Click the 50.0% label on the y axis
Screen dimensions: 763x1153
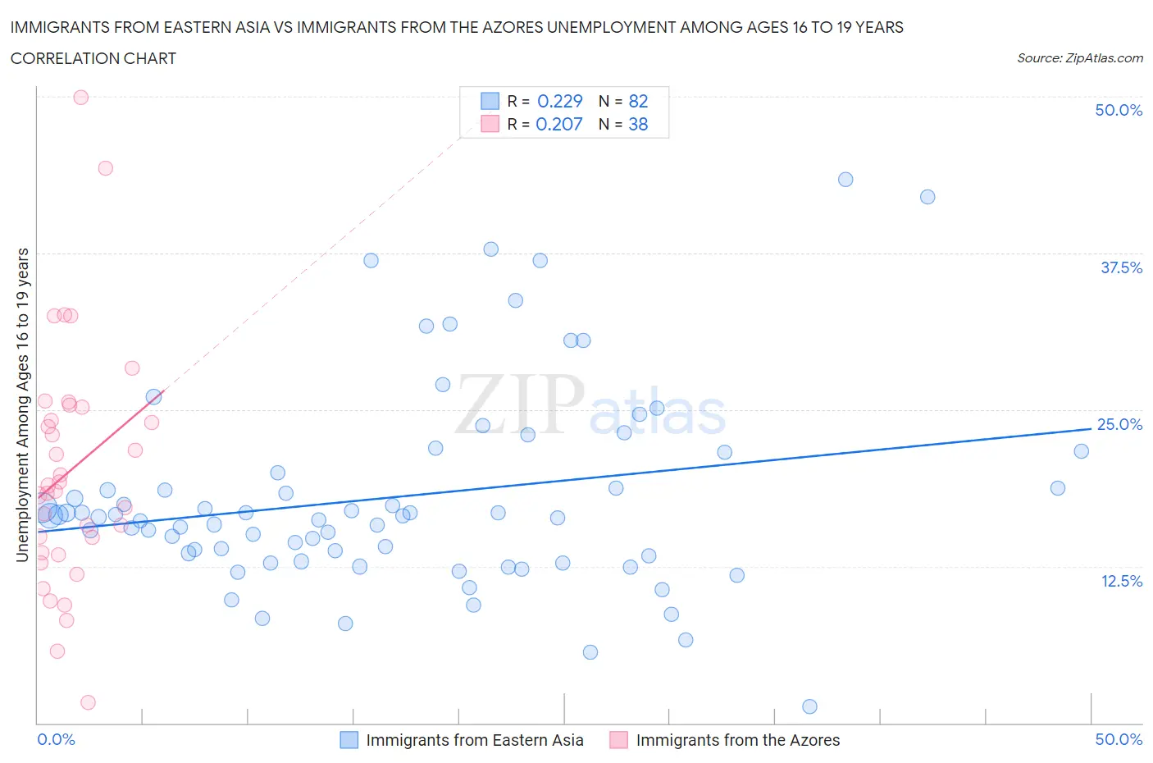1119,110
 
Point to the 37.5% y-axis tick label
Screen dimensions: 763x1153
1121,267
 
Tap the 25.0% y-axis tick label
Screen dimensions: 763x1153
1119,424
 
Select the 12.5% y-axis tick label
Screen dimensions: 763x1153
1121,581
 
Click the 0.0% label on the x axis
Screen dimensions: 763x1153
57,739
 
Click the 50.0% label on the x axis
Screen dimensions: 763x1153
1119,739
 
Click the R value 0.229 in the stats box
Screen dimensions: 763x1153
559,101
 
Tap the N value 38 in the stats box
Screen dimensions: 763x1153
638,124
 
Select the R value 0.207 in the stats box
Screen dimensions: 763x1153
558,124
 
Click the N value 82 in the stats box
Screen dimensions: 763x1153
638,101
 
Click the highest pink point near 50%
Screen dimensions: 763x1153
81,97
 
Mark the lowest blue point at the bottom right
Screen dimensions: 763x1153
809,706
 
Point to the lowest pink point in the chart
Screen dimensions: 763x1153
88,702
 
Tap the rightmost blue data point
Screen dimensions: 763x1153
1081,451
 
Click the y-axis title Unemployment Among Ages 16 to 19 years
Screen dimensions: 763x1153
22,405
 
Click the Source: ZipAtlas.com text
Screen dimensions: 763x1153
1079,58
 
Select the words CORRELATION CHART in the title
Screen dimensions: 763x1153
93,58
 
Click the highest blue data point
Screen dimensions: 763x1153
845,180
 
